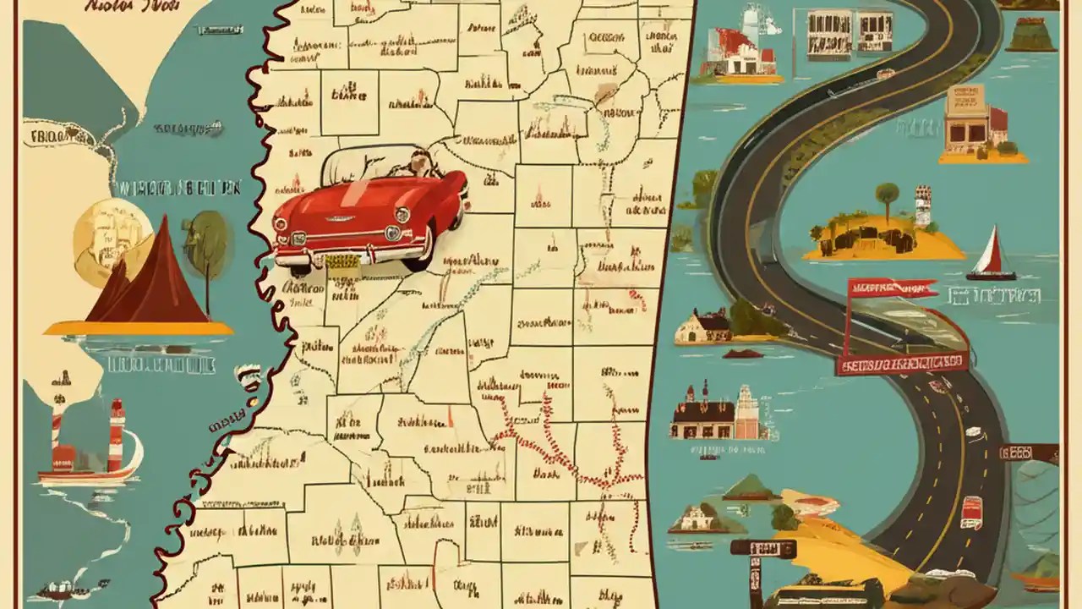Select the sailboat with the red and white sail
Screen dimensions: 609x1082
pos(992,254)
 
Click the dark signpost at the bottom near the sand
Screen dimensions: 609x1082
pos(762,550)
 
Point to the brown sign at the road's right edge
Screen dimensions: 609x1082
pos(1029,453)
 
